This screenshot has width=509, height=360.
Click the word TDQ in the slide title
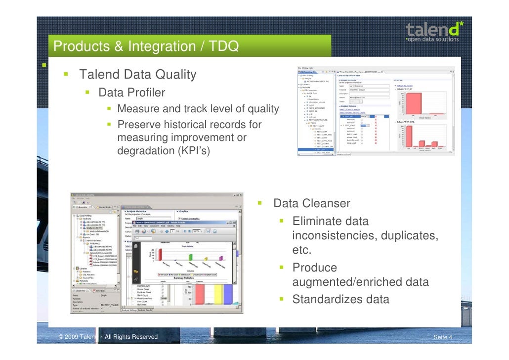click(222, 46)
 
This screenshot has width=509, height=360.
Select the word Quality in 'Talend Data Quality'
click(170, 75)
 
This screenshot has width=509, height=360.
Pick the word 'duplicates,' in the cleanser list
click(408, 235)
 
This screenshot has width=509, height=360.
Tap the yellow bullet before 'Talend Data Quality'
click(65, 75)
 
